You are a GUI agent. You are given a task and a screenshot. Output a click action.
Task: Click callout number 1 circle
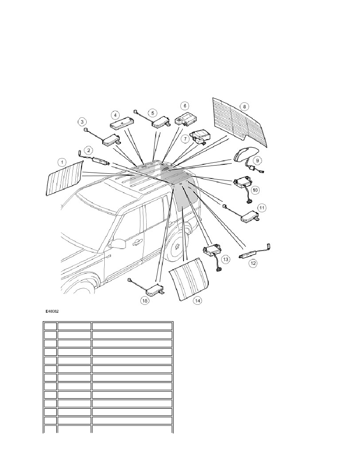[x=61, y=162]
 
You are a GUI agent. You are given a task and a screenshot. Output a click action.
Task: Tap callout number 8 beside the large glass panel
[x=244, y=106]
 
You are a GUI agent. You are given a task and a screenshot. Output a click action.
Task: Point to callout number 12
[x=253, y=263]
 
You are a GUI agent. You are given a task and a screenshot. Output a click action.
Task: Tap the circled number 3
[x=82, y=122]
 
